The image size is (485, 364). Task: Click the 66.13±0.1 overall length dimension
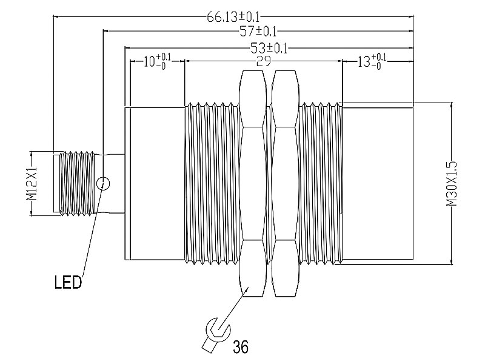coord(234,17)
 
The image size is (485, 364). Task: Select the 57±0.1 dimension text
coord(258,31)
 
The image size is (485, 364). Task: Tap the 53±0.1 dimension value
coord(269,48)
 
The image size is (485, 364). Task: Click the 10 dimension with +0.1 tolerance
coord(157,61)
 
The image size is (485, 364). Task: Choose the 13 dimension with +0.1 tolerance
coord(372,61)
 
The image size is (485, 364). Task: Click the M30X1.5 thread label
coord(452,183)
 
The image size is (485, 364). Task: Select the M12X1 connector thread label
coord(32,184)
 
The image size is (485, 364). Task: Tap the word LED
coord(68,282)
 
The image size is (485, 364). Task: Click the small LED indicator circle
coord(103,184)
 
